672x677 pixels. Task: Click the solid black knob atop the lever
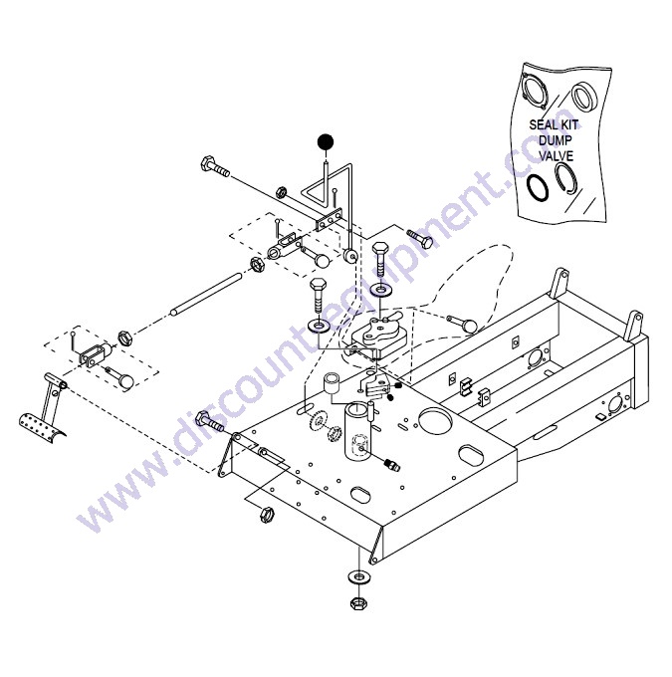(326, 141)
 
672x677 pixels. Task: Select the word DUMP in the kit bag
(555, 140)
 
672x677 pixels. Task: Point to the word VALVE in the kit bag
(557, 155)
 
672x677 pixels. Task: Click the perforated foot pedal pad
(42, 425)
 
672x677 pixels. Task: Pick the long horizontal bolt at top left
(215, 167)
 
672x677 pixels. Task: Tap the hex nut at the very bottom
(358, 602)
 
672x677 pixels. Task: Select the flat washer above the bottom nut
(358, 577)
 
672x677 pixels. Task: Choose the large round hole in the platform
(434, 418)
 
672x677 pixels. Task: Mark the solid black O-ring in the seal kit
(538, 188)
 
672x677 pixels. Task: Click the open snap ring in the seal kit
(566, 178)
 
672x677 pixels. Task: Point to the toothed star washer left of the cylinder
(318, 421)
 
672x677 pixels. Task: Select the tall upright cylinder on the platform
(358, 430)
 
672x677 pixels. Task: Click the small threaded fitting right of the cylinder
(391, 465)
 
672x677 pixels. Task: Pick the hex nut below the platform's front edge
(267, 514)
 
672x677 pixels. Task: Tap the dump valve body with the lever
(379, 336)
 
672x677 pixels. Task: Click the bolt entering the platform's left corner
(210, 421)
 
